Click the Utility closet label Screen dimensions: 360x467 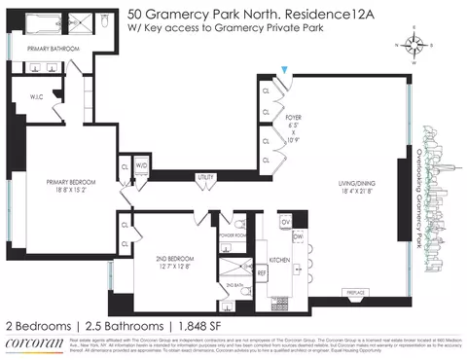pos(205,176)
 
